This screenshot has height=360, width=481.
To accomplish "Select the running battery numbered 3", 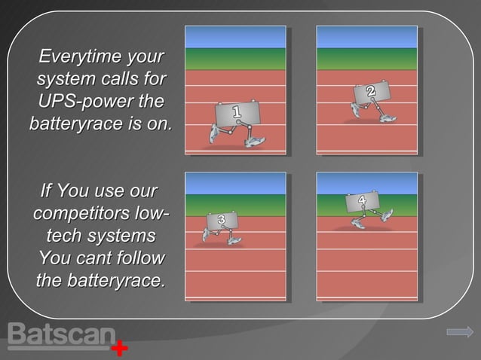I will pos(221,225).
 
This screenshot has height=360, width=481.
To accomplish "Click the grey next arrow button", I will pos(459,331).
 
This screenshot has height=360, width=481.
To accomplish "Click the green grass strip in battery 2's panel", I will pos(366,59).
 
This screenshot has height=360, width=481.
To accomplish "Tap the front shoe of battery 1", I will pos(254,142).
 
